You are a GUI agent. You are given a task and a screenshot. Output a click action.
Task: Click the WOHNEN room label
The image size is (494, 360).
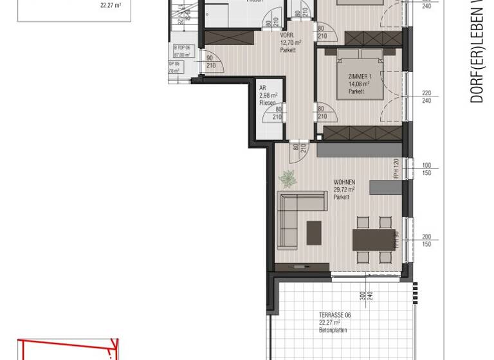(x=344, y=182)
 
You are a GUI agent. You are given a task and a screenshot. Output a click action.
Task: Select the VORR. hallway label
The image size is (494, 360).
(x=287, y=35)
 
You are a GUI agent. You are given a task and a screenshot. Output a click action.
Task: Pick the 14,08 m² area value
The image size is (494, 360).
(x=358, y=84)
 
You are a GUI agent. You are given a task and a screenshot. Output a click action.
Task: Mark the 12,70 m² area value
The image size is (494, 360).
(x=291, y=42)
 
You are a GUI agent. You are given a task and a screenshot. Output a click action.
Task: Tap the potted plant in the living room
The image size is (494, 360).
(x=287, y=178)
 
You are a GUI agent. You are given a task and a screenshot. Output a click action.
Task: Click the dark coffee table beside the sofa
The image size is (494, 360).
(x=314, y=232)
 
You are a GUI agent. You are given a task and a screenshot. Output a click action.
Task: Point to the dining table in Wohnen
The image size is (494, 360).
(x=373, y=240)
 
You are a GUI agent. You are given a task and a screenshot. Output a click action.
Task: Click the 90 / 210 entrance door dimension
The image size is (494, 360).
(x=210, y=61)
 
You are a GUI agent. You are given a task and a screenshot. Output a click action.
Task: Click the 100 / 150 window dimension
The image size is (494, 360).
(x=426, y=169)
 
